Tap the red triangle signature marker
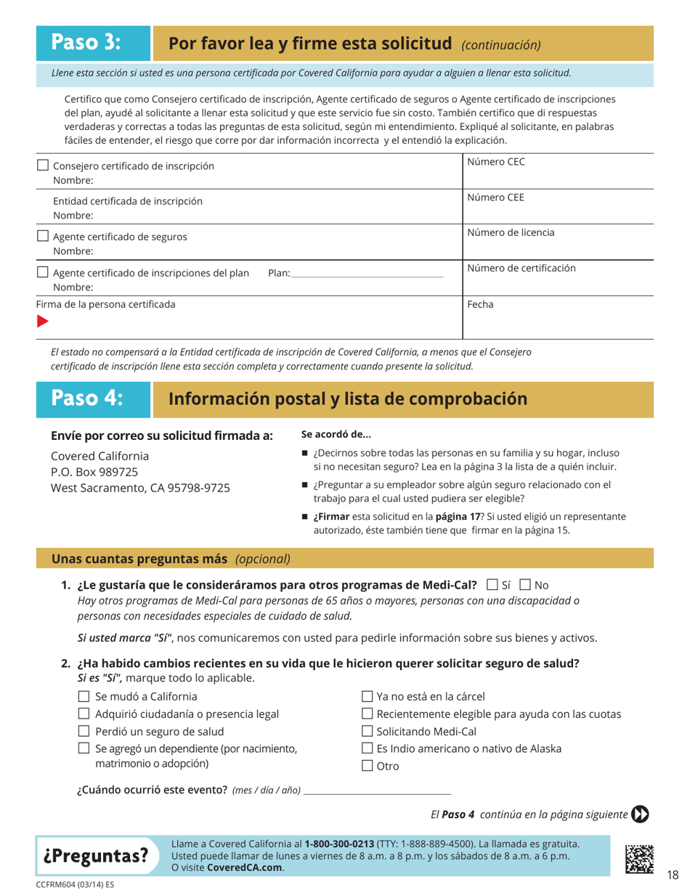(x=43, y=321)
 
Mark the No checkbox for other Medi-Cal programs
(x=524, y=584)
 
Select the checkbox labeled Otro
(x=367, y=766)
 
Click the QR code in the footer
(x=640, y=857)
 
